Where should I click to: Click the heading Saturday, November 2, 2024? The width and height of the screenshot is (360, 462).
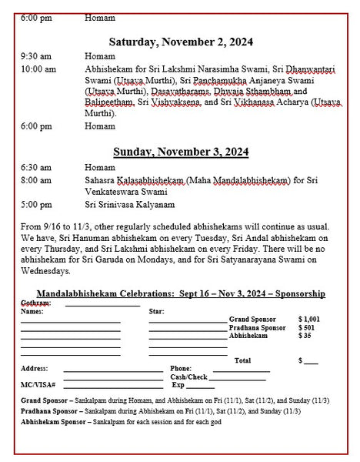(180, 41)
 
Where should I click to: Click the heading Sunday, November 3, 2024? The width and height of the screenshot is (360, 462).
(180, 152)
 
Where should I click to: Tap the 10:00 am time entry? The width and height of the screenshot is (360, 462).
(37, 69)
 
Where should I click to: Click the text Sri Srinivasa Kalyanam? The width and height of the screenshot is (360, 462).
(128, 205)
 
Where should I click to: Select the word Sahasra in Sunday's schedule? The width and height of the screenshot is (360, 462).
(101, 179)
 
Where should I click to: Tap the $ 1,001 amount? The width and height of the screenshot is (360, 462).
(308, 318)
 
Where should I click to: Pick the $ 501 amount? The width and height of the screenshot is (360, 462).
(306, 327)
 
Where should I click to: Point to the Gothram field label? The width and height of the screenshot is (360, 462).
(35, 303)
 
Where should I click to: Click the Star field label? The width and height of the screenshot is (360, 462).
(156, 312)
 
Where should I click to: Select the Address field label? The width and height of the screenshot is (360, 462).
(35, 368)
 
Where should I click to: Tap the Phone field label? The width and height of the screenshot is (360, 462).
(181, 368)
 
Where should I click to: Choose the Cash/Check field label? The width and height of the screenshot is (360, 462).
(188, 377)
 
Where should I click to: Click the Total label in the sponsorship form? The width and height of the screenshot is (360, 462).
(242, 360)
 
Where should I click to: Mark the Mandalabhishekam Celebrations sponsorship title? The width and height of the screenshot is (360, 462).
(172, 294)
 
